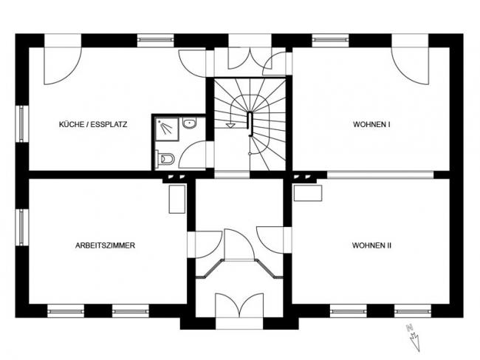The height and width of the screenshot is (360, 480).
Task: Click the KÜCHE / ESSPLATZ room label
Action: pyautogui.click(x=93, y=124)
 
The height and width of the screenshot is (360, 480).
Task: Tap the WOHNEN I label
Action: pyautogui.click(x=371, y=124)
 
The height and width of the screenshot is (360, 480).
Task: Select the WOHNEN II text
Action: pyautogui.click(x=371, y=245)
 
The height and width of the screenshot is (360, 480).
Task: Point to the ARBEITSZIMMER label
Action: pyautogui.click(x=105, y=245)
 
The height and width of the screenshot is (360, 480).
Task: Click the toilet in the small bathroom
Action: pyautogui.click(x=165, y=159)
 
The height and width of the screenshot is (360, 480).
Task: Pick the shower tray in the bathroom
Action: pyautogui.click(x=167, y=129)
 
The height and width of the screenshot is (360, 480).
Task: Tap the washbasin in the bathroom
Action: pyautogui.click(x=190, y=123)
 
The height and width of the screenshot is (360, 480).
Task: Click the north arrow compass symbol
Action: pyautogui.click(x=413, y=337)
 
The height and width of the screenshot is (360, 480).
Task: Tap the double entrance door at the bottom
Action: pyautogui.click(x=239, y=307)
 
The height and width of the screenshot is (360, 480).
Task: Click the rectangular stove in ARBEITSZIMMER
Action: pyautogui.click(x=177, y=199)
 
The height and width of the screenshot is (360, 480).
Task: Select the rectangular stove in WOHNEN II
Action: pyautogui.click(x=308, y=193)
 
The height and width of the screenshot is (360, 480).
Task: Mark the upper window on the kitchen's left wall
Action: pyautogui.click(x=21, y=123)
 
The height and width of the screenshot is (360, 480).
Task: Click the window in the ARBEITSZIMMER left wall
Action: pyautogui.click(x=21, y=228)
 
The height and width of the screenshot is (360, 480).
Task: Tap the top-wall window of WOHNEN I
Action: pyautogui.click(x=330, y=40)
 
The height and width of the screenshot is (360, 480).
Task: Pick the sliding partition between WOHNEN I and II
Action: pyautogui.click(x=380, y=175)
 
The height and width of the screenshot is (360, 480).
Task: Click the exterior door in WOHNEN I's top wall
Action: pyautogui.click(x=410, y=59)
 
